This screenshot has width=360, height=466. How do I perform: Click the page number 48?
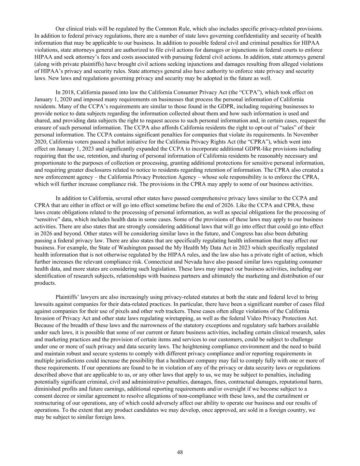point(180,452)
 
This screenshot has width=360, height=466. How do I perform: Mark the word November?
point(306,135)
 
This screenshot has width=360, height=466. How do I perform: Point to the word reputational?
point(296,382)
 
